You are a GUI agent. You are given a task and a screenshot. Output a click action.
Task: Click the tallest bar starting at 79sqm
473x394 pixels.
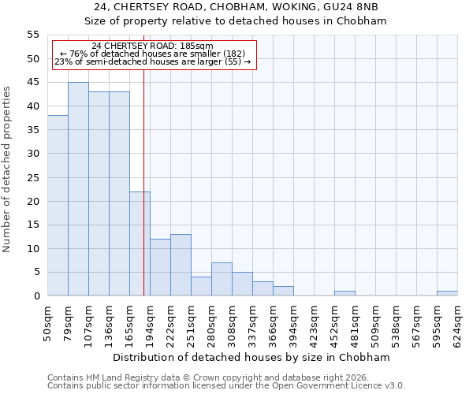(78, 189)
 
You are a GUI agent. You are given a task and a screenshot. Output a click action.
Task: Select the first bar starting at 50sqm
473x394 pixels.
(58, 206)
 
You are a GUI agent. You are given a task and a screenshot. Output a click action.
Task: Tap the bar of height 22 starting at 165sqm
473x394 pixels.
(140, 243)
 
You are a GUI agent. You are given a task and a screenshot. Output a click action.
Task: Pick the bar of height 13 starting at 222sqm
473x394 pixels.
(181, 265)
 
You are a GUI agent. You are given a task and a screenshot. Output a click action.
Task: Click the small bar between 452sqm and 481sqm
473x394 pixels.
(345, 293)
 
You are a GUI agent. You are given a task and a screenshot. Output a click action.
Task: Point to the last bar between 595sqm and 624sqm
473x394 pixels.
(447, 293)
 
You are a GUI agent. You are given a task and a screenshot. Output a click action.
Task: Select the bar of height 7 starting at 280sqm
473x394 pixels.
(222, 279)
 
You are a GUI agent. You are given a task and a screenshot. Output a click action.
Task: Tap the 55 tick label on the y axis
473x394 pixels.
(33, 35)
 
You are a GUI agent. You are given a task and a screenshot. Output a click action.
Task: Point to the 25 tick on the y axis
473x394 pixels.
(33, 177)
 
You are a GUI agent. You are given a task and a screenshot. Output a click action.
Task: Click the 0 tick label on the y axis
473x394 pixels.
(36, 296)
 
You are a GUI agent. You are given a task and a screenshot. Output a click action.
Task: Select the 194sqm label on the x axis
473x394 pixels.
(150, 320)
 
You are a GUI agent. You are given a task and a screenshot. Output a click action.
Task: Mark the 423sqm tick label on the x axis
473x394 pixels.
(314, 320)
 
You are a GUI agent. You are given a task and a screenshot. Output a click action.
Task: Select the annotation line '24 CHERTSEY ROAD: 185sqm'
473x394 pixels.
(152, 46)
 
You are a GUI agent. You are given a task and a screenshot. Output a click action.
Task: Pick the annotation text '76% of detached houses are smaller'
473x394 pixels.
(152, 54)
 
